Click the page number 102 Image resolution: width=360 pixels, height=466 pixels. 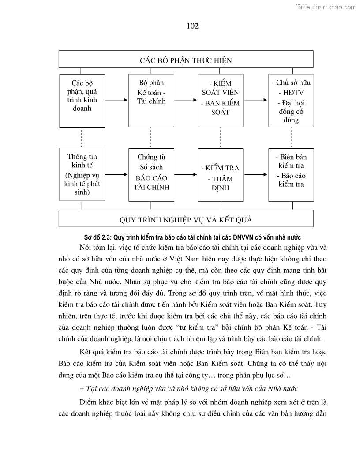[x=193, y=26]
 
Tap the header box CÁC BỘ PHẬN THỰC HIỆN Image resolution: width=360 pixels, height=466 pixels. [x=186, y=59]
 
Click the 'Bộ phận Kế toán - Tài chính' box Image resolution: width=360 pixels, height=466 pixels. [x=151, y=100]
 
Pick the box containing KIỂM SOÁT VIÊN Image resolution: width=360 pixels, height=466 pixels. [x=220, y=100]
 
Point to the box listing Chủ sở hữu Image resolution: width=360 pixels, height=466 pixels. [x=291, y=100]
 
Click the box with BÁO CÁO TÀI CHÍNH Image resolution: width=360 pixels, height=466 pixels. [x=151, y=174]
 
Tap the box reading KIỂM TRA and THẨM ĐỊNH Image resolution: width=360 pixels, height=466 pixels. [x=220, y=174]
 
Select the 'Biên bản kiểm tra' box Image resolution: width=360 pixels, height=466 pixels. [x=291, y=174]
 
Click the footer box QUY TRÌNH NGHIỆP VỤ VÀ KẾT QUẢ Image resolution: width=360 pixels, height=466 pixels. [x=186, y=219]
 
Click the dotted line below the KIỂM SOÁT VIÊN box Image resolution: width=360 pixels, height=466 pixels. [x=220, y=137]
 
